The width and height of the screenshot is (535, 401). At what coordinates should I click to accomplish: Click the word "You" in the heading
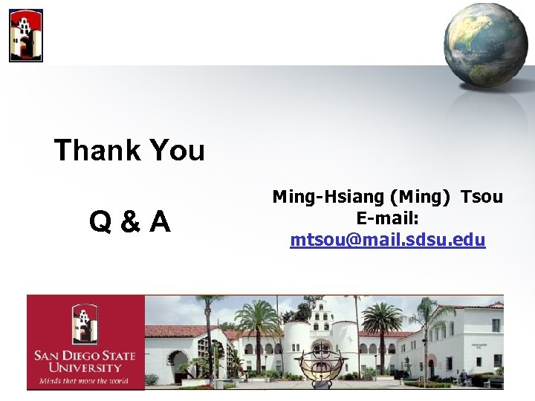coord(176,151)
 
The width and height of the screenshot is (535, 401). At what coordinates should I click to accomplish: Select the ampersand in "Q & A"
coord(129,221)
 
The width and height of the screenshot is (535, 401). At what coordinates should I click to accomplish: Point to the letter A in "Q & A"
coord(158,221)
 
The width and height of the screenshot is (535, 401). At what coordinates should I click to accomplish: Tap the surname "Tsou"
coord(481,197)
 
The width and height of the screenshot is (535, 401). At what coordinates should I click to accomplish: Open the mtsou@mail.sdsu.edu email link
coord(388,240)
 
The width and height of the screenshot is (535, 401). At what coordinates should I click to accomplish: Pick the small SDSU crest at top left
coord(26,35)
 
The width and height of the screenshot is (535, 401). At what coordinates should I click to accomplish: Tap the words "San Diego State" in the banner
coord(85,356)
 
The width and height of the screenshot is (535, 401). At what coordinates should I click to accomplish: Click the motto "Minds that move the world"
coord(85,380)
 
